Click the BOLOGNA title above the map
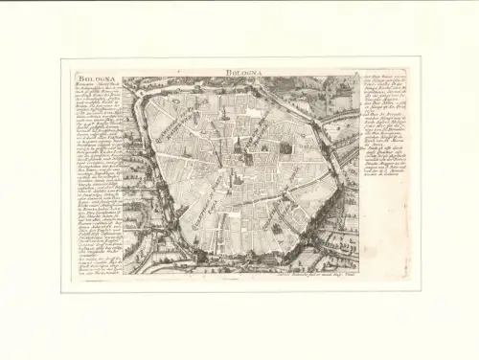click(239, 72)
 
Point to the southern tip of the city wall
click(248, 259)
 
